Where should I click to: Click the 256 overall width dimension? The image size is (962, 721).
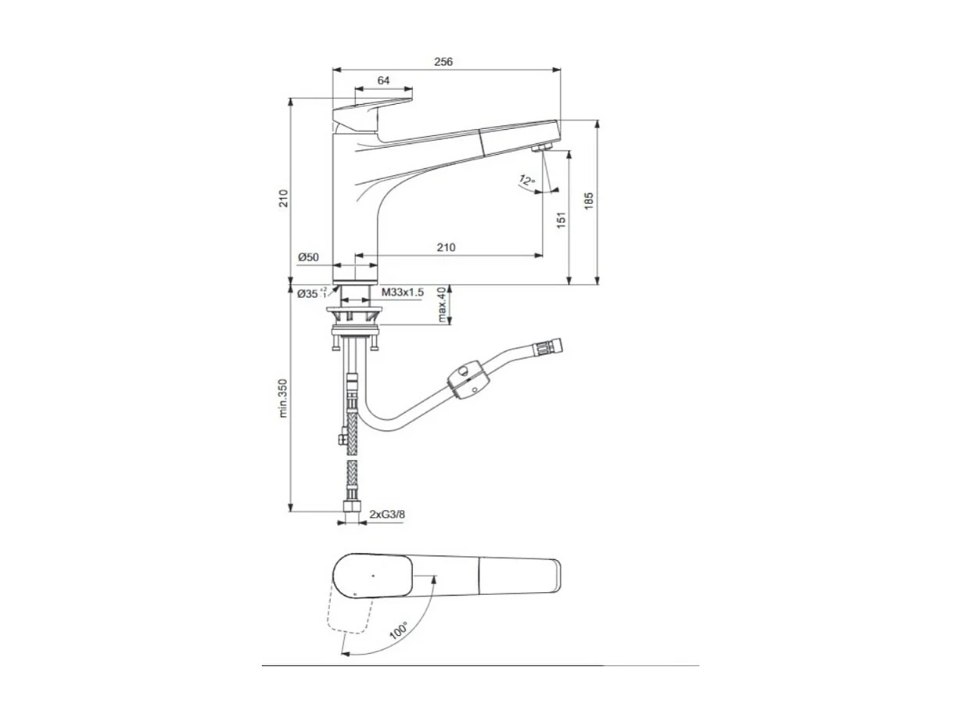(443, 62)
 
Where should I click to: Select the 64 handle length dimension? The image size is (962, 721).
(383, 81)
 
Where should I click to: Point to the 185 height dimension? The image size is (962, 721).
(589, 201)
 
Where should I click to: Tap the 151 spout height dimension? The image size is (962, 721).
(562, 221)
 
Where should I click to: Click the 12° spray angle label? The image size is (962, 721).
(526, 180)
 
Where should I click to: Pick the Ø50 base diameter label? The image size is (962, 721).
(308, 257)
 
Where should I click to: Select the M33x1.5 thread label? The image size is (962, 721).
(402, 292)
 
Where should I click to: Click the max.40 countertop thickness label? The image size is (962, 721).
(442, 305)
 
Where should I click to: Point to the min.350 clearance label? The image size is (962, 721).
(283, 398)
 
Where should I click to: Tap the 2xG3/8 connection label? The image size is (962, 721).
(387, 514)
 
